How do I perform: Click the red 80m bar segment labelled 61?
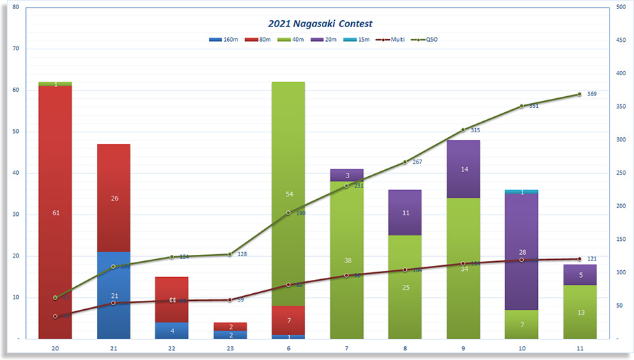55,212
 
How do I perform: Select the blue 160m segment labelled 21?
114,295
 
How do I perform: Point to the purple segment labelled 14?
463,169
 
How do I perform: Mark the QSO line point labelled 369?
579,94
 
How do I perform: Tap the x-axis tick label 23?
230,348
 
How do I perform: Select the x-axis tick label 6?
288,348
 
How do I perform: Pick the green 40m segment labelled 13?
580,312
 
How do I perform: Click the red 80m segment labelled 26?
114,198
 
